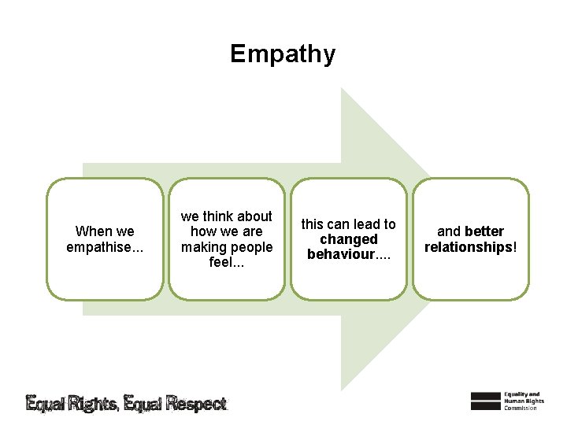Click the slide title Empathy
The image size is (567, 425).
pyautogui.click(x=283, y=54)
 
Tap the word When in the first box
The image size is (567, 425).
pyautogui.click(x=94, y=231)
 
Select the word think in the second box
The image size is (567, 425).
pyautogui.click(x=219, y=216)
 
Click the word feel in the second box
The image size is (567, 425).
pyautogui.click(x=223, y=262)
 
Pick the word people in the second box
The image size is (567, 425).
pyautogui.click(x=254, y=247)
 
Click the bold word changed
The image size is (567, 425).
pyautogui.click(x=348, y=239)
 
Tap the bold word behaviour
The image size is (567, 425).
pyautogui.click(x=343, y=254)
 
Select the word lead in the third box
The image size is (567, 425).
pyautogui.click(x=365, y=224)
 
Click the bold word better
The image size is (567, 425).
pyautogui.click(x=484, y=231)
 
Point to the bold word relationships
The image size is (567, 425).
pyautogui.click(x=468, y=247)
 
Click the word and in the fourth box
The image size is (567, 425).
pyautogui.click(x=449, y=231)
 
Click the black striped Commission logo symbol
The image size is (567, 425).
pyautogui.click(x=485, y=401)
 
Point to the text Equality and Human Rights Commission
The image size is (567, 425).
pyautogui.click(x=522, y=401)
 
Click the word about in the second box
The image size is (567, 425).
pyautogui.click(x=254, y=216)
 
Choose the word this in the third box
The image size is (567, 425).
pyautogui.click(x=313, y=224)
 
